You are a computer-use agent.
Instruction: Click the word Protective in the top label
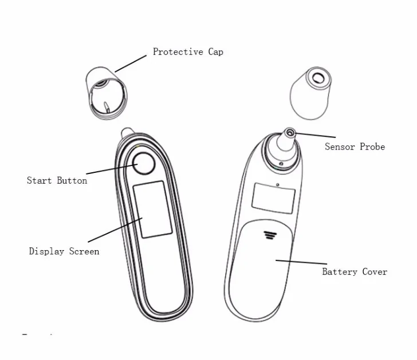coord(178,52)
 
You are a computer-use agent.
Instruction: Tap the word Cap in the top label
coord(215,52)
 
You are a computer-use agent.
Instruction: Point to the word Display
coord(47,251)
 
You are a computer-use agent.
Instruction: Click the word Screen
coord(84,251)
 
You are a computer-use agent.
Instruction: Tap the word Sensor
coord(340,147)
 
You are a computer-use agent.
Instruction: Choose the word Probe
coord(372,147)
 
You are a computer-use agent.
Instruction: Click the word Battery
coord(340,272)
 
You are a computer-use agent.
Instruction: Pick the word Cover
coord(374,272)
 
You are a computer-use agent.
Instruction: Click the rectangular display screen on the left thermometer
coord(152,209)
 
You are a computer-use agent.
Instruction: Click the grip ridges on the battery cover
coord(269,234)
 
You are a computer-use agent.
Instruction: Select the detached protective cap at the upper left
coord(106,92)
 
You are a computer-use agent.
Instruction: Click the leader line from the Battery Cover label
coord(298,263)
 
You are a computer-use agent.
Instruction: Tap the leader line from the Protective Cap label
coord(131,63)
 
